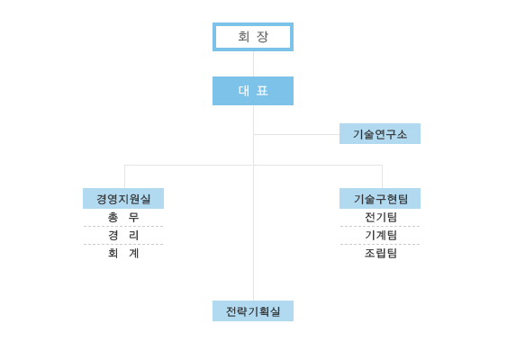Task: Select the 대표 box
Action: (x=253, y=91)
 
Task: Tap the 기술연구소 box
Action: (x=380, y=133)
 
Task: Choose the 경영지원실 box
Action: (x=123, y=198)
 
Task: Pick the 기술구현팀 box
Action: (x=380, y=198)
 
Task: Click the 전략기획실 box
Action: (x=253, y=310)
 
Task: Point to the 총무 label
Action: (x=123, y=217)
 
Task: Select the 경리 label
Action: (x=123, y=235)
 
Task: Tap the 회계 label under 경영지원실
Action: (x=123, y=254)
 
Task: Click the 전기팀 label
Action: (x=381, y=217)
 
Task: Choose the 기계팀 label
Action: (x=381, y=235)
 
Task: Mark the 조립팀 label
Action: (x=381, y=254)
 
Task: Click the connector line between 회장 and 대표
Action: (x=254, y=64)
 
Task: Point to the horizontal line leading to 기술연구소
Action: (x=296, y=134)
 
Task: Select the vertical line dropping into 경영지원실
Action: (x=125, y=176)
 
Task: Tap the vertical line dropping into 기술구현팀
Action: (x=382, y=176)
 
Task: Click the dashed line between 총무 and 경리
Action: (x=123, y=227)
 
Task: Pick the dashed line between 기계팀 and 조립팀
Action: (x=380, y=244)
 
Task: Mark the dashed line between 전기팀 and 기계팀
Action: (x=380, y=227)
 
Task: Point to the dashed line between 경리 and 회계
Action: (x=123, y=244)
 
